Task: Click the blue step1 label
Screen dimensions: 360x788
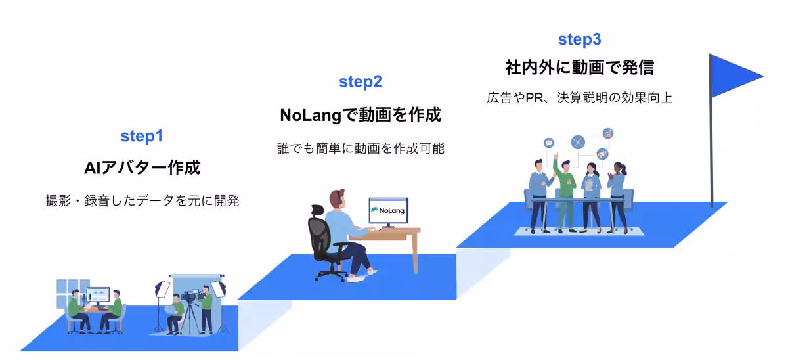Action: coord(141,137)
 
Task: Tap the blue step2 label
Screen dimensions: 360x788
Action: coord(361,82)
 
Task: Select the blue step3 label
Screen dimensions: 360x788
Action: coord(579,39)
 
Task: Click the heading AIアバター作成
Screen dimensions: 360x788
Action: coord(141,168)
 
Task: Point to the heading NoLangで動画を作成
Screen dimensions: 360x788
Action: coord(361,115)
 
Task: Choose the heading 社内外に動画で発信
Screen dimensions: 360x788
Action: coord(579,68)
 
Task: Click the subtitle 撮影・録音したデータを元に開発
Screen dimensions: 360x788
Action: coord(141,201)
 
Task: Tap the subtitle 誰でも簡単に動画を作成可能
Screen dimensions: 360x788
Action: coord(361,149)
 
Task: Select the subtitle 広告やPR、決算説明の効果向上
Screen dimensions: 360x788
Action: coord(579,99)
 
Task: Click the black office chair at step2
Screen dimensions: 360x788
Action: coord(322,240)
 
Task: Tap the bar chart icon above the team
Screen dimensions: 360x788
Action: coord(608,133)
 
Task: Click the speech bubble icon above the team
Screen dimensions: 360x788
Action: coord(549,143)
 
